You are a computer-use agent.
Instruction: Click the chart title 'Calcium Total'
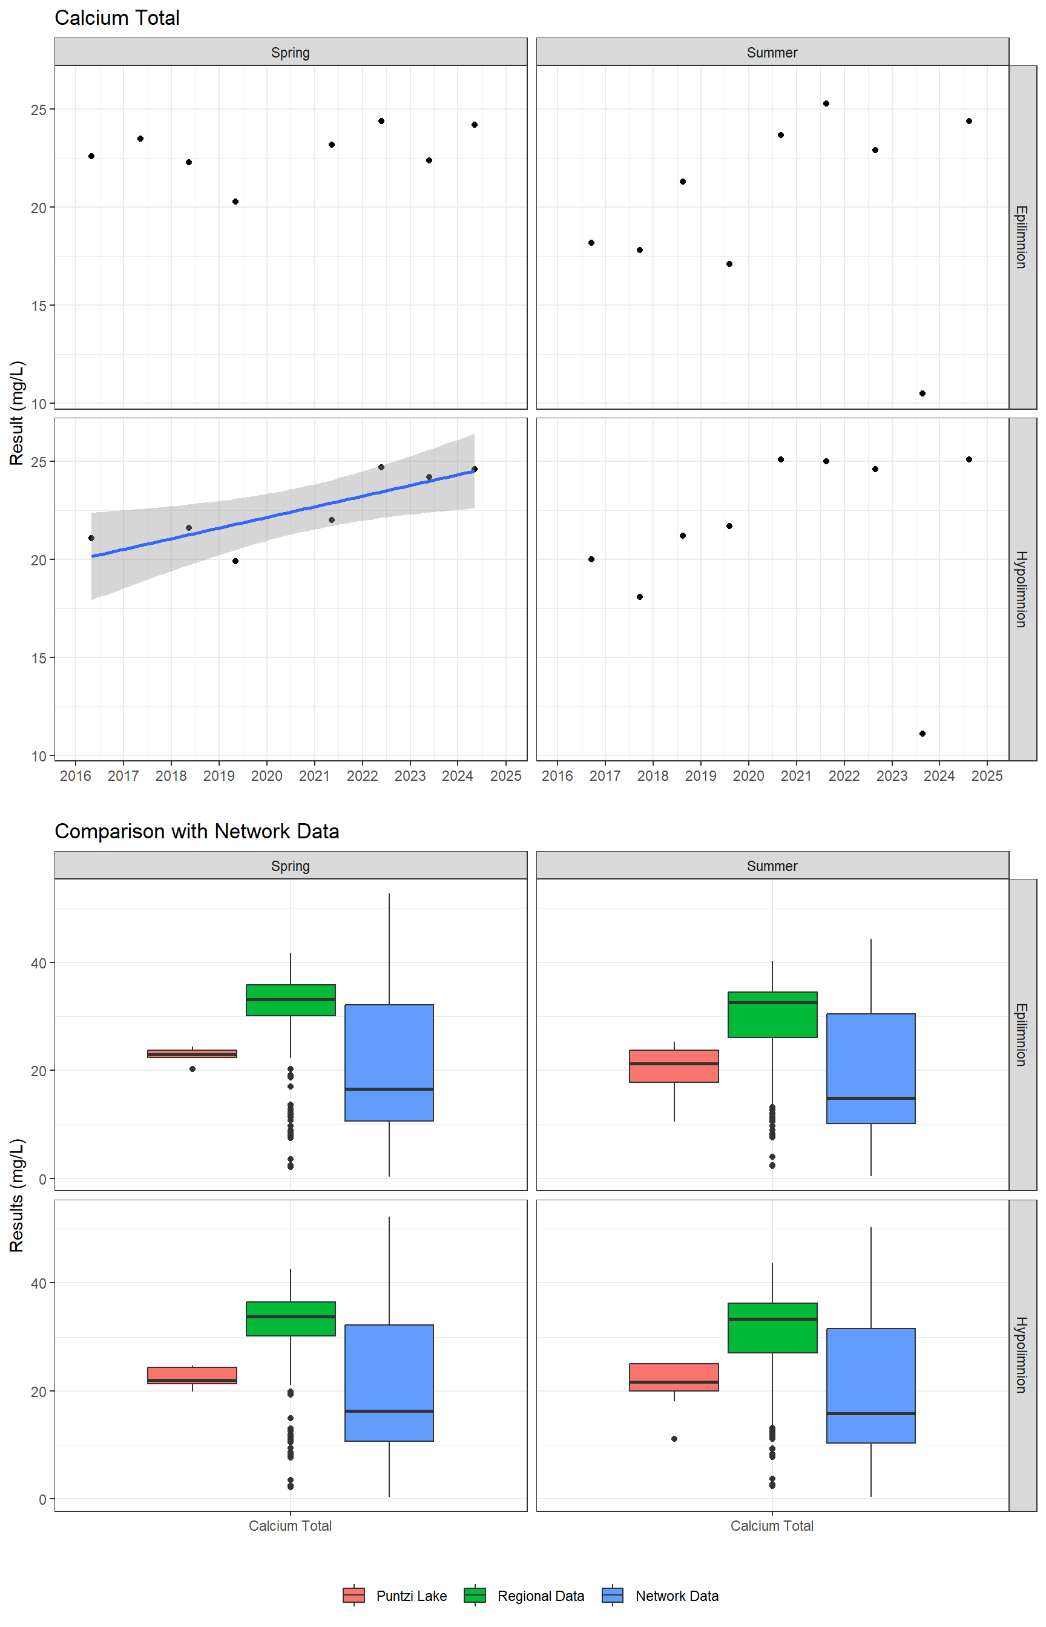117,18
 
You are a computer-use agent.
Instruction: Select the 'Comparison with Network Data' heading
196,831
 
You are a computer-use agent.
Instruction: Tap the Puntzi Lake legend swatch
354,1595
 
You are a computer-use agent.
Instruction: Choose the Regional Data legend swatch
475,1595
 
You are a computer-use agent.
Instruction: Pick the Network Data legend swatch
613,1595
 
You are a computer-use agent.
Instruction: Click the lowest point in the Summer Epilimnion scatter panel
923,393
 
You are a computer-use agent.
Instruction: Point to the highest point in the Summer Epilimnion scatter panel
826,104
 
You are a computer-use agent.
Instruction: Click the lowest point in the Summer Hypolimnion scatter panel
923,734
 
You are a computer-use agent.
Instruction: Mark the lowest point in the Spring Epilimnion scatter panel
235,202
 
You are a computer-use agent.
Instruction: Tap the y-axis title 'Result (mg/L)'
17,413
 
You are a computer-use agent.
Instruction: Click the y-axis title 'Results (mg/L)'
17,1195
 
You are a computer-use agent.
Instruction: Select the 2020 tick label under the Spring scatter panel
266,776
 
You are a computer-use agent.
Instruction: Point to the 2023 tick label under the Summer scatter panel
891,776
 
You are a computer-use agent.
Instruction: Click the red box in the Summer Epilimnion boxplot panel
674,1066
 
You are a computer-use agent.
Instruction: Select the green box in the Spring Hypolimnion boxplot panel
291,1319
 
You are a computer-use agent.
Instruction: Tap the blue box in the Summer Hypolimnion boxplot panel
871,1385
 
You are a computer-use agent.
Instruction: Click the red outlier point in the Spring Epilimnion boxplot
192,1069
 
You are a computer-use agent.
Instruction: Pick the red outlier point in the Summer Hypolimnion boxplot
674,1438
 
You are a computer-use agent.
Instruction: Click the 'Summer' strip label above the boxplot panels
772,866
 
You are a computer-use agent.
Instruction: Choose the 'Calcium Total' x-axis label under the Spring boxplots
290,1526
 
